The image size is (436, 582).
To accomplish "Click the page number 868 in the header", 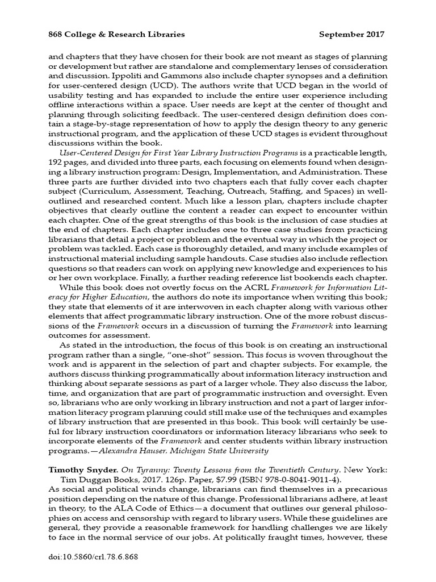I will click(56, 34).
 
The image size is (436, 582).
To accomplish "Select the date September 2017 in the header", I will click(351, 34).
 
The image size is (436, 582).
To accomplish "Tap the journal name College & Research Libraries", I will click(127, 34).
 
